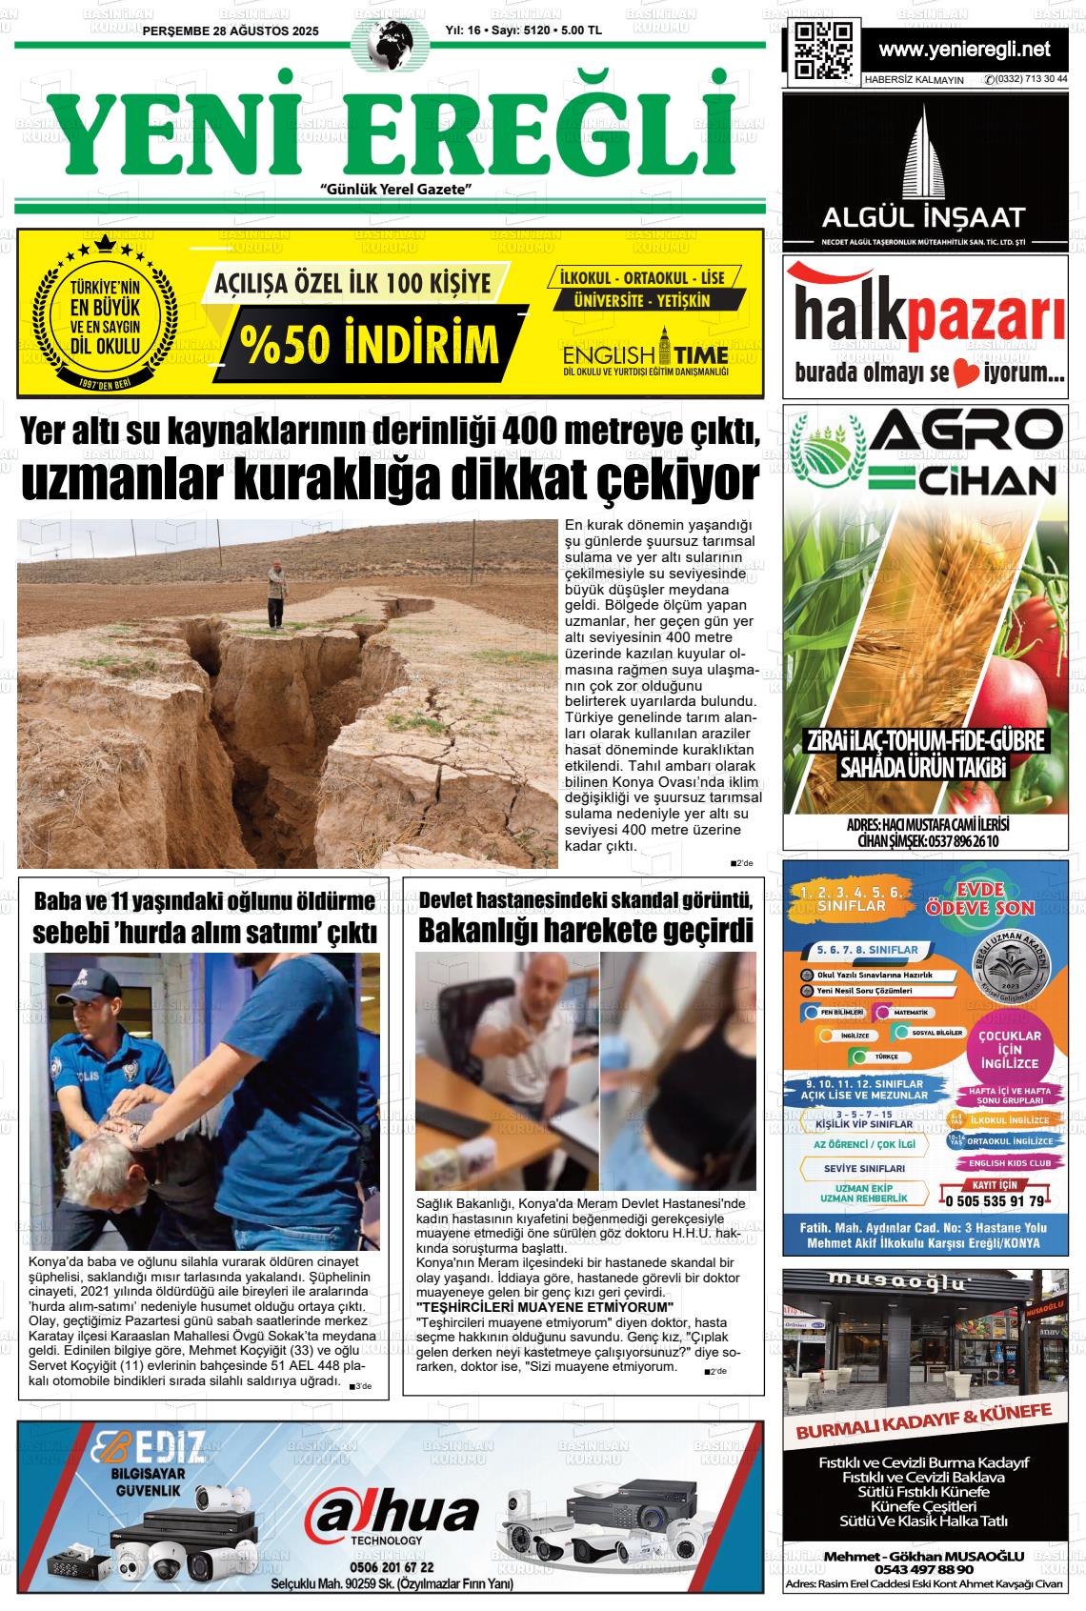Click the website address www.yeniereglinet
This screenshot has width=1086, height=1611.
coord(964,50)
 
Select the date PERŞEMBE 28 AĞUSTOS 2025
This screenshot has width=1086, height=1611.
coord(231,31)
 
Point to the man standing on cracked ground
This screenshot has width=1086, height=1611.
coord(276,594)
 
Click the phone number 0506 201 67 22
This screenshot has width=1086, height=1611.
coord(392,1567)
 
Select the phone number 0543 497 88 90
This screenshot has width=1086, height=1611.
coord(923,1568)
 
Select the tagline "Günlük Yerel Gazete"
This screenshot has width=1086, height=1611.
coord(397,190)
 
